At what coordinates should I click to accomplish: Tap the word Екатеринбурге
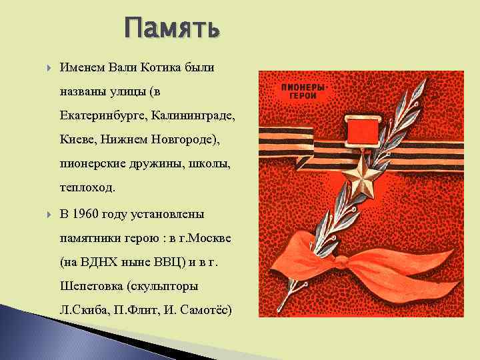click(103, 117)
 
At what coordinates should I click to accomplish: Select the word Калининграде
click(193, 117)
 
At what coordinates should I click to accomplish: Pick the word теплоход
click(87, 188)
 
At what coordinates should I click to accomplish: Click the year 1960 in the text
click(91, 214)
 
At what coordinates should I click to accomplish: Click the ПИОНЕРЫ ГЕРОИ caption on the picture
click(302, 91)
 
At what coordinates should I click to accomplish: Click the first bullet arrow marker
click(48, 68)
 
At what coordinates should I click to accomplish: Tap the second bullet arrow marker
click(48, 215)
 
